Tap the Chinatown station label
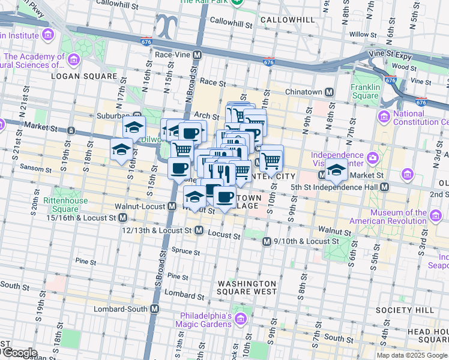point(303,92)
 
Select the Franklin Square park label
point(365,91)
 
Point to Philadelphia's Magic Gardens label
point(203,320)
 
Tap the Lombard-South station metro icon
point(155,309)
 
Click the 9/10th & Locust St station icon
point(267,241)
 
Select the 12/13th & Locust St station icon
point(197,230)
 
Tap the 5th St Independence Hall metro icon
point(384,187)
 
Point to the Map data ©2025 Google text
point(412,355)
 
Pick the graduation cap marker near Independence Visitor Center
point(336,170)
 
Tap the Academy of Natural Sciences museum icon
point(74,59)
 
